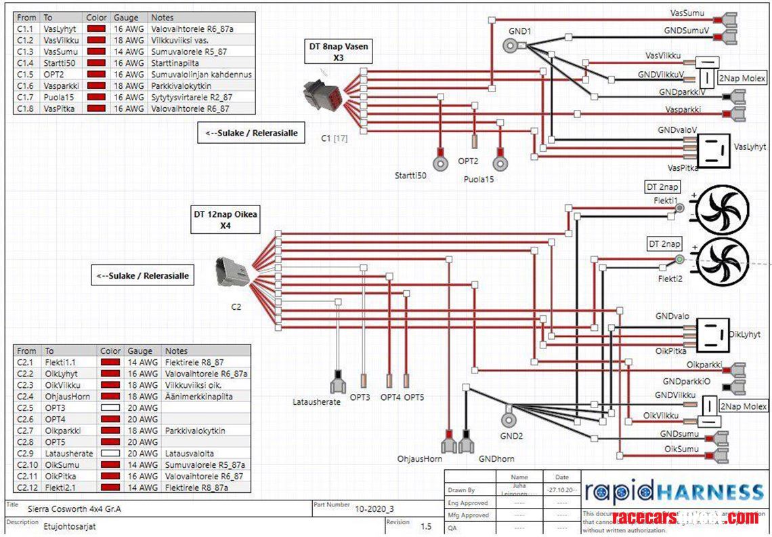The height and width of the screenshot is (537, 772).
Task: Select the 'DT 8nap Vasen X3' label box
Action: point(339,53)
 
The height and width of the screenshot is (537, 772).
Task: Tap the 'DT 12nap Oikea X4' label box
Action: point(226,220)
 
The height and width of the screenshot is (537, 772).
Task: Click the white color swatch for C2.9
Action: point(110,454)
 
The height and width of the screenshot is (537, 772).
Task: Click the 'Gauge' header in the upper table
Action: point(126,18)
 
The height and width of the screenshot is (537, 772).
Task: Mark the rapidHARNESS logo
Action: point(674,490)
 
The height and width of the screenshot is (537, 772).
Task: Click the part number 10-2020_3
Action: point(373,509)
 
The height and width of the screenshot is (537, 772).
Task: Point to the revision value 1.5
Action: point(426,526)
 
